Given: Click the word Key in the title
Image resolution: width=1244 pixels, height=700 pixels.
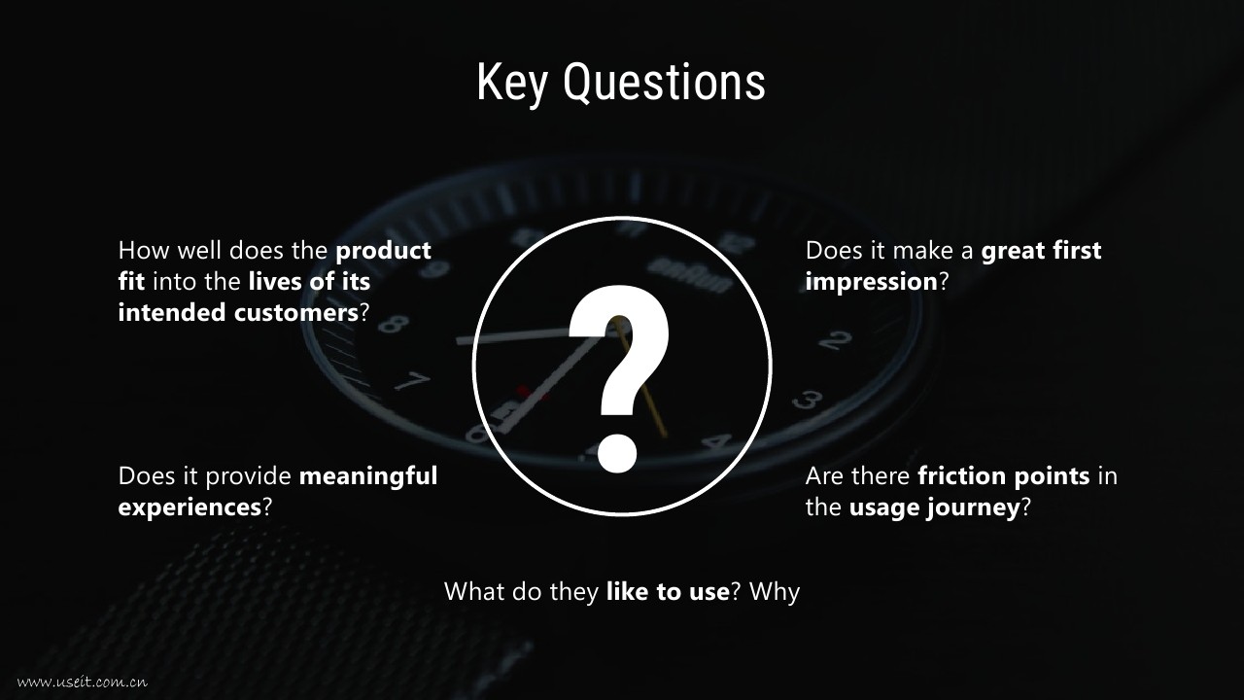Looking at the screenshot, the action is click(x=511, y=84).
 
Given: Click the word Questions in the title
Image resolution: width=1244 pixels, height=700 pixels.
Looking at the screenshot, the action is click(x=664, y=83).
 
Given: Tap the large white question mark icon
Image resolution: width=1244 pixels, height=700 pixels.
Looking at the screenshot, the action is click(x=619, y=378).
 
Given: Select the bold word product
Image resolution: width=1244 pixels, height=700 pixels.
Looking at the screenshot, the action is click(x=383, y=252).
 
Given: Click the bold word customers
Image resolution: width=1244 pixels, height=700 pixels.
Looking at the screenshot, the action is click(x=296, y=313).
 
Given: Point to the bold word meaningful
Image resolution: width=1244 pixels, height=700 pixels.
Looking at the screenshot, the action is click(x=368, y=477).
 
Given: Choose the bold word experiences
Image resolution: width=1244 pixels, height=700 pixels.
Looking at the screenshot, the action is click(x=190, y=508).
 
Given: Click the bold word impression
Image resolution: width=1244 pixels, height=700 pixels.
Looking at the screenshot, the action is click(x=872, y=283).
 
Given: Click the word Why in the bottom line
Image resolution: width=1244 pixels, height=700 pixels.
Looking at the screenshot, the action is click(x=775, y=593).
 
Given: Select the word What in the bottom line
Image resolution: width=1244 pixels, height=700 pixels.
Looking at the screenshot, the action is click(x=473, y=592).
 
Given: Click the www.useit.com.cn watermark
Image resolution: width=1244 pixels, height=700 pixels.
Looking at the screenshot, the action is click(x=83, y=682).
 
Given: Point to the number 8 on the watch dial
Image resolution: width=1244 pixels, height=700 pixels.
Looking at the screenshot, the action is click(x=394, y=324).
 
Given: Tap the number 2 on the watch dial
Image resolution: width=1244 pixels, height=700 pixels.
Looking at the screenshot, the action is click(x=835, y=340).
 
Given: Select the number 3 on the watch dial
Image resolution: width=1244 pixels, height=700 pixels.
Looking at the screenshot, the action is click(x=807, y=400).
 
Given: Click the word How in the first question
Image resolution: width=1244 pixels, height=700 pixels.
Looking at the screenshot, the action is click(x=144, y=251).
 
